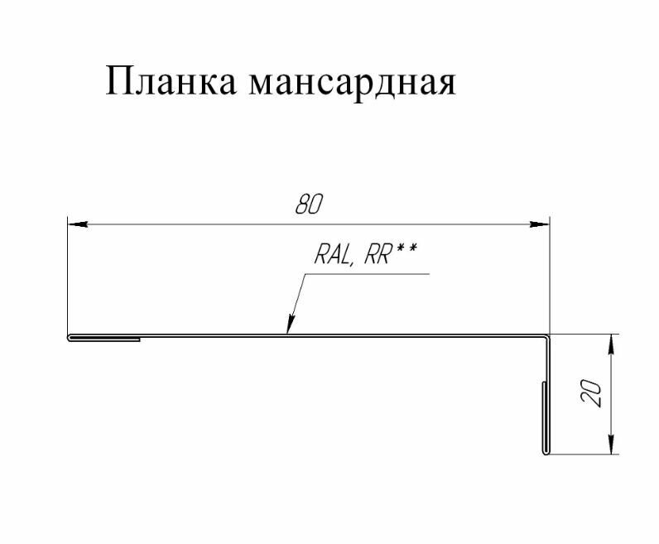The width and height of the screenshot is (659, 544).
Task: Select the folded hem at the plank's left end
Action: pyautogui.click(x=103, y=338)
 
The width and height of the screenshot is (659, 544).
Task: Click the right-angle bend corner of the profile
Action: pyautogui.click(x=547, y=336)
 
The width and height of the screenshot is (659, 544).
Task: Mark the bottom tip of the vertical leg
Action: pyautogui.click(x=546, y=454)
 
